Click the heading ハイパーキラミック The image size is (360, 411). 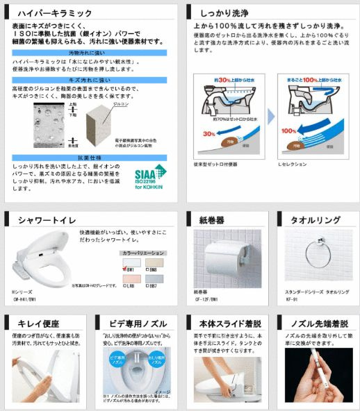click(x=56, y=12)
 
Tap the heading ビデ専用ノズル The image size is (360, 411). click(x=138, y=323)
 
